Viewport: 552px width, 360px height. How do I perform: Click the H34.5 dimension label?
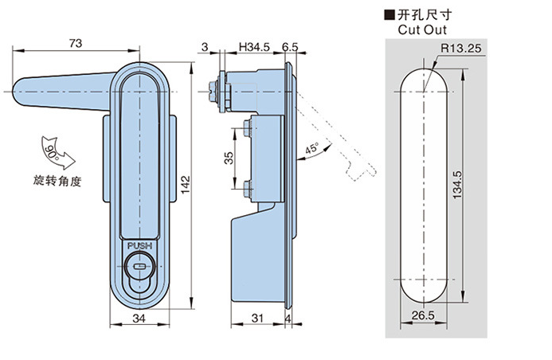point(253,49)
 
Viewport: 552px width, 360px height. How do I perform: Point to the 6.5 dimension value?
point(290,49)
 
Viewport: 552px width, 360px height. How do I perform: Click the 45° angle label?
point(311,148)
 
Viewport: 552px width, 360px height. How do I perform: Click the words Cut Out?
point(419,29)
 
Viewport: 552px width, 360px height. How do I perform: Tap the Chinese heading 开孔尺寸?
point(423,14)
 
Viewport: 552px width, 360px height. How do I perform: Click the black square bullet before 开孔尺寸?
point(390,14)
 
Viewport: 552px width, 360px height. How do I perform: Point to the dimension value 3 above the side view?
point(205,49)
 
